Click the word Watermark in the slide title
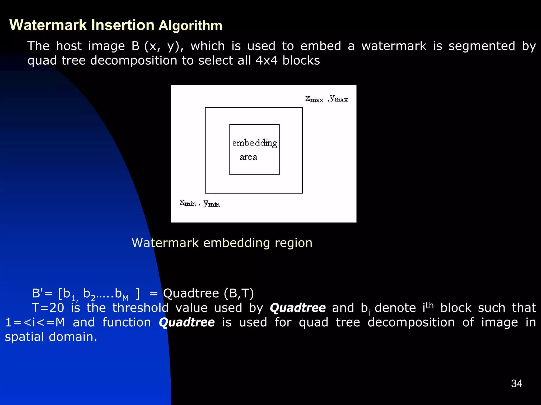click(x=48, y=25)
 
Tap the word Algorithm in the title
click(x=190, y=26)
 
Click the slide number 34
click(x=516, y=384)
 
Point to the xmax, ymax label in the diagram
click(x=327, y=99)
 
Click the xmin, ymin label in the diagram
click(x=200, y=203)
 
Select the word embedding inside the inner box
click(x=254, y=143)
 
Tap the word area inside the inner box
click(x=248, y=157)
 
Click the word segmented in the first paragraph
click(x=482, y=46)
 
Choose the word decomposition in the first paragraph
click(x=133, y=60)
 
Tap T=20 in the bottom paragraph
click(x=48, y=308)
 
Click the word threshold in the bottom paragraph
click(x=140, y=308)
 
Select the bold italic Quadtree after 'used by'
click(x=298, y=308)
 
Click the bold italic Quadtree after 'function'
click(x=187, y=322)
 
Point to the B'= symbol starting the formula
click(x=42, y=293)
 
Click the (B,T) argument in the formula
click(x=239, y=293)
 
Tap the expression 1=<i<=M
click(x=35, y=322)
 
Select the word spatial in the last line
click(x=25, y=337)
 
